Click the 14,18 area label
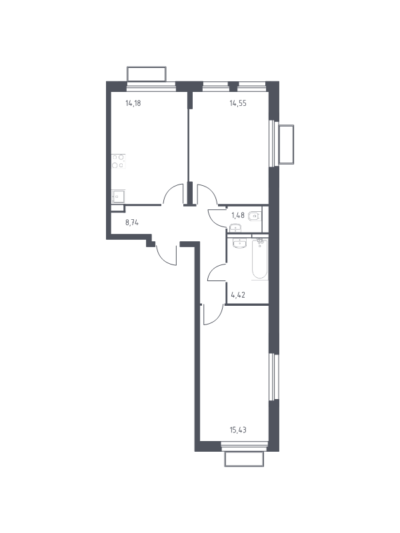tap(133, 103)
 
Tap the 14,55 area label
tap(238, 103)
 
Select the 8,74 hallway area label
tap(132, 223)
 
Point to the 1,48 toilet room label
tap(238, 215)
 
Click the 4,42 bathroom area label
tap(238, 294)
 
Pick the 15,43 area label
tap(238, 430)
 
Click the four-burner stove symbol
tap(119, 161)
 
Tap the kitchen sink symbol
tap(119, 197)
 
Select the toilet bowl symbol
tap(255, 216)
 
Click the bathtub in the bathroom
tap(260, 259)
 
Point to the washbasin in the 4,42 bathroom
tap(240, 243)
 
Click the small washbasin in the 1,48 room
tap(235, 228)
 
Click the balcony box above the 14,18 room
tap(147, 74)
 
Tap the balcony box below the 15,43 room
tap(244, 459)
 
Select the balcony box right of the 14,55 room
tap(286, 145)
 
